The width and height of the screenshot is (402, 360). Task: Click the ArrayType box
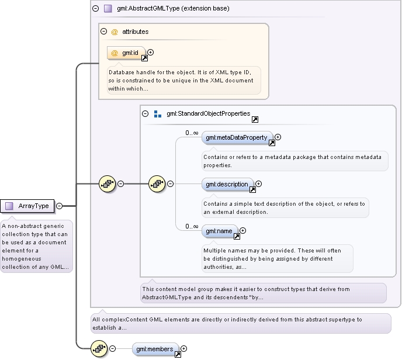coord(27,206)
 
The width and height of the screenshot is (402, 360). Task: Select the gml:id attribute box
coord(126,53)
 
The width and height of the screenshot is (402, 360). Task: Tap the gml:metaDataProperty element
coord(237,138)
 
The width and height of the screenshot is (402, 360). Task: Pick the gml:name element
coord(220,231)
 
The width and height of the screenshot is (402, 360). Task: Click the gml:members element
coord(155,349)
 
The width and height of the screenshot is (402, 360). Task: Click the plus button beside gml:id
coord(151,53)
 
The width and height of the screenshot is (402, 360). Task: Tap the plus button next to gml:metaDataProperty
coord(278,137)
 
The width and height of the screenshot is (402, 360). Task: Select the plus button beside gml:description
coord(258,184)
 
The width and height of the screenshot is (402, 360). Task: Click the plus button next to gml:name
coord(242,230)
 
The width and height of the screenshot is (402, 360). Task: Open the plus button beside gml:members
coord(183,348)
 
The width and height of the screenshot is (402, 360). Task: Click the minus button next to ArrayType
coord(59,206)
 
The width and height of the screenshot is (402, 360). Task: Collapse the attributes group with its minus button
coord(103,32)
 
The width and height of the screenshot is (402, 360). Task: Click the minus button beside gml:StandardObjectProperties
coord(145,113)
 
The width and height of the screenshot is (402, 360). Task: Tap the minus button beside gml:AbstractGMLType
coord(95,8)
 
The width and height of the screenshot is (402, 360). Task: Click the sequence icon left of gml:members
coord(99,348)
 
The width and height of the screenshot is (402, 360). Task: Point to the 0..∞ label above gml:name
coord(192,226)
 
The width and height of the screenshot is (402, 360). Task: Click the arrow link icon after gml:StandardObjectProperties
coord(255,119)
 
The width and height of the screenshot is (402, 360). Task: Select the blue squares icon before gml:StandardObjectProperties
coord(158,114)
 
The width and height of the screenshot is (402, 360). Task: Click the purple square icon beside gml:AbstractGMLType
coord(108,8)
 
